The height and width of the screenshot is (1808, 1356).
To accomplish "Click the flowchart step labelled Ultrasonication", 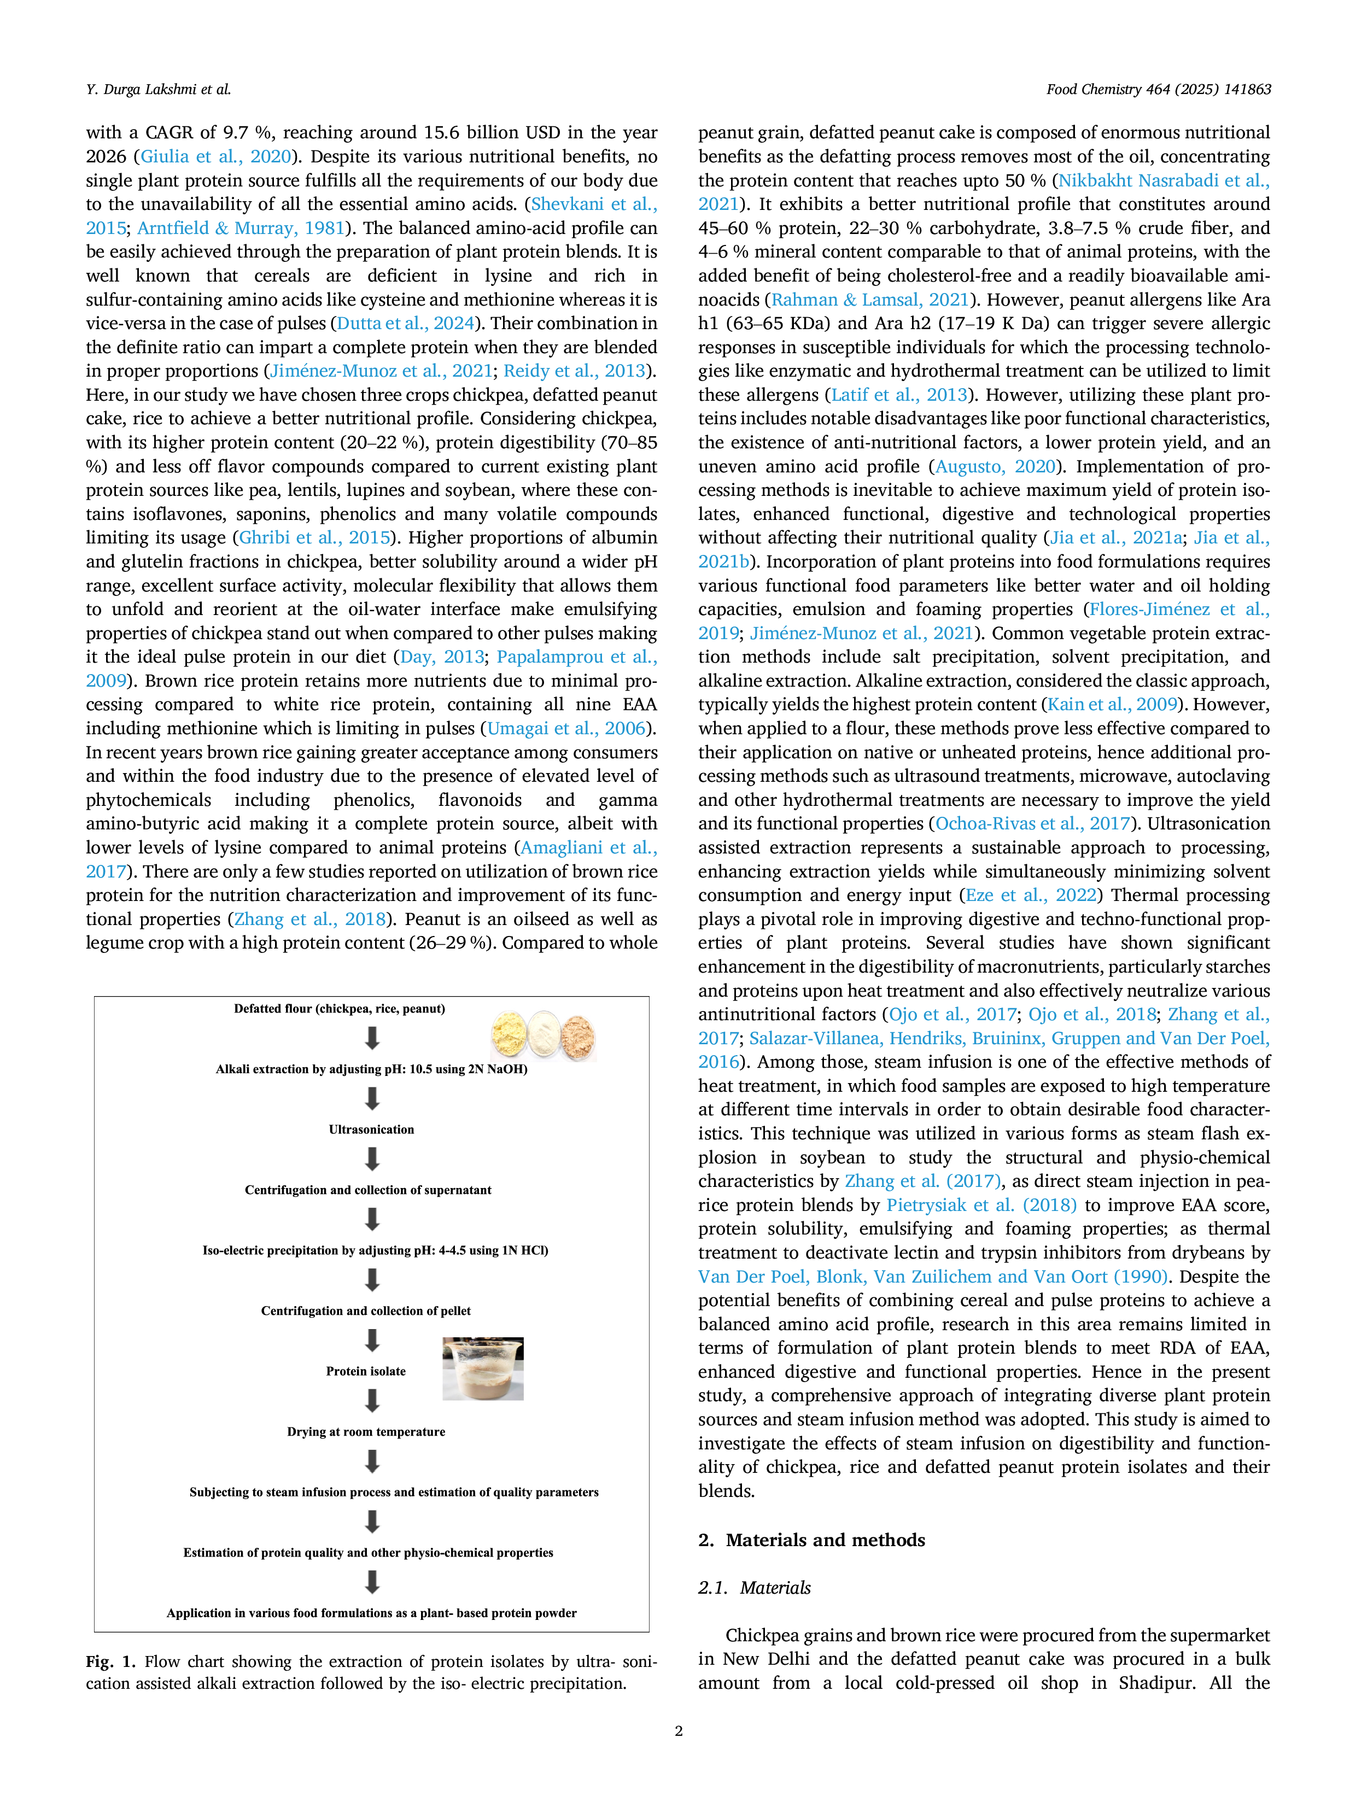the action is click(371, 1129).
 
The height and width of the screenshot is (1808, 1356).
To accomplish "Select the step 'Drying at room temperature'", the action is click(366, 1431).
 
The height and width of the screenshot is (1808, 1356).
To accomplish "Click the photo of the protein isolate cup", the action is click(483, 1368).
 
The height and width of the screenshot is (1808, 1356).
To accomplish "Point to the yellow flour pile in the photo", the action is click(509, 1034).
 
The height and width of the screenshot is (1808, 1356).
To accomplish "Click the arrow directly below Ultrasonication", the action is click(372, 1159).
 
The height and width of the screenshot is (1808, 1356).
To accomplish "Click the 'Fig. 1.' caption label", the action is click(110, 1661).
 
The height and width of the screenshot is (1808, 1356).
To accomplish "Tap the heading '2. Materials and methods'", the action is click(811, 1540).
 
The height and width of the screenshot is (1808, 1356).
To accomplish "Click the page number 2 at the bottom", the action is click(679, 1730).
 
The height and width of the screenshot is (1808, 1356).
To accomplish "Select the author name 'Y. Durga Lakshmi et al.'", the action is click(159, 89).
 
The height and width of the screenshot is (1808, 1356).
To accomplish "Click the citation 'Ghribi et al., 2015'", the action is click(314, 538).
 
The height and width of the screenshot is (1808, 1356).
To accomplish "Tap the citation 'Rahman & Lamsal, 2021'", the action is click(870, 300).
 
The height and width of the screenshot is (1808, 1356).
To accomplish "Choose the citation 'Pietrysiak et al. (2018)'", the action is click(981, 1205).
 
